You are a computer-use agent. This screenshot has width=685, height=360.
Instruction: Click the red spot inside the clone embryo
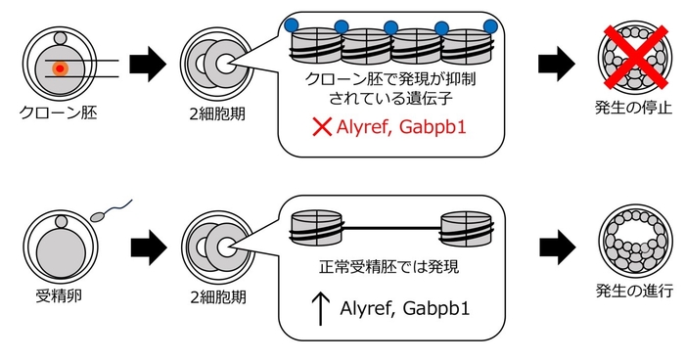61,68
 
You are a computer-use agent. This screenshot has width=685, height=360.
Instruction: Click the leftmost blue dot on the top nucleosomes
290,22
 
